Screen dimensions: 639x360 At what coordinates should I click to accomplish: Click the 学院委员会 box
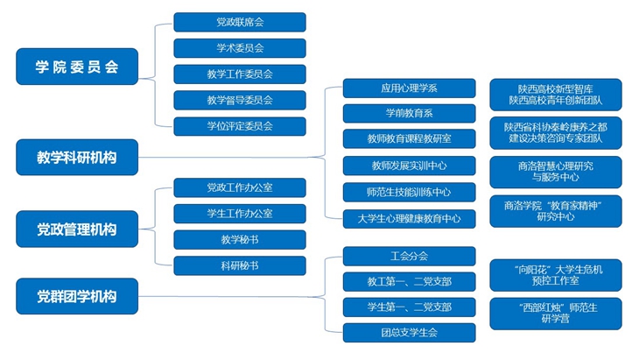[x=77, y=67]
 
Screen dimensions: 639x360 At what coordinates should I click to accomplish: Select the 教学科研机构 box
[x=77, y=158]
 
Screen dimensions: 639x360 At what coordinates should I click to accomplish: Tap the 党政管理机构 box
[x=77, y=229]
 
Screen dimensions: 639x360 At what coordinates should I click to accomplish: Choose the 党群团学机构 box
[x=77, y=296]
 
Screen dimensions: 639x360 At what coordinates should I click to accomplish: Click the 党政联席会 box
[x=240, y=22]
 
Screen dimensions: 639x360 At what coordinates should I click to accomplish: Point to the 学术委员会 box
[x=240, y=48]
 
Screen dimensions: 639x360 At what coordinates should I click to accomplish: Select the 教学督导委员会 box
[x=240, y=101]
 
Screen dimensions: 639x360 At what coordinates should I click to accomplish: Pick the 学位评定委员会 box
[x=240, y=126]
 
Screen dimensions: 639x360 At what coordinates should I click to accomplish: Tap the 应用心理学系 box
[x=409, y=88]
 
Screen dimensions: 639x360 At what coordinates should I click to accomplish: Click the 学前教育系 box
[x=409, y=113]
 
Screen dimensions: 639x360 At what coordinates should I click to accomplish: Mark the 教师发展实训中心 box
[x=409, y=166]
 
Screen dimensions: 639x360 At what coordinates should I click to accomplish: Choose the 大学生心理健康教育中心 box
[x=409, y=219]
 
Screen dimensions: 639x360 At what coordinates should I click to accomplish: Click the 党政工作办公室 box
[x=240, y=187]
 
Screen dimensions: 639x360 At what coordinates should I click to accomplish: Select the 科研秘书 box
[x=240, y=265]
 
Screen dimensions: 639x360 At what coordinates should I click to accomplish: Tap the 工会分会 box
[x=409, y=256]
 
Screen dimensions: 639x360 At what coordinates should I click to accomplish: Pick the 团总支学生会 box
[x=409, y=333]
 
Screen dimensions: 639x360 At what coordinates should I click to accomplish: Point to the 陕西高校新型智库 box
[x=556, y=95]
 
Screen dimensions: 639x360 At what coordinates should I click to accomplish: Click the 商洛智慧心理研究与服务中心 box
[x=556, y=172]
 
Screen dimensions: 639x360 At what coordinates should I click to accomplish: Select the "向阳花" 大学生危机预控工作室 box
[x=556, y=275]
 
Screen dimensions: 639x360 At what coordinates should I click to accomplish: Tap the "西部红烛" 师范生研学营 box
[x=556, y=314]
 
